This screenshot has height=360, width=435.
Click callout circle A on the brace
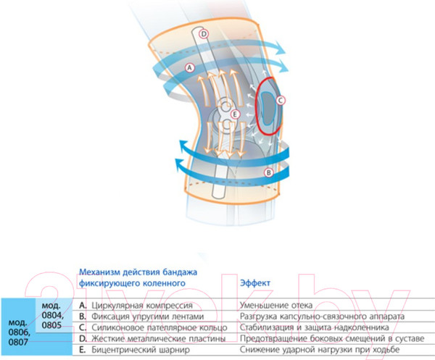tap(191, 67)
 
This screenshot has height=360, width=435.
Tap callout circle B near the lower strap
tap(268, 172)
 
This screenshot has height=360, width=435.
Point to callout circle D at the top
tap(204, 33)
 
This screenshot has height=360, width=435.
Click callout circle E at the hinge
tap(234, 114)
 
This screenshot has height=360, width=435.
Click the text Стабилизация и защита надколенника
tap(307, 327)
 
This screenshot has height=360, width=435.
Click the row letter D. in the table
tap(83, 338)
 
